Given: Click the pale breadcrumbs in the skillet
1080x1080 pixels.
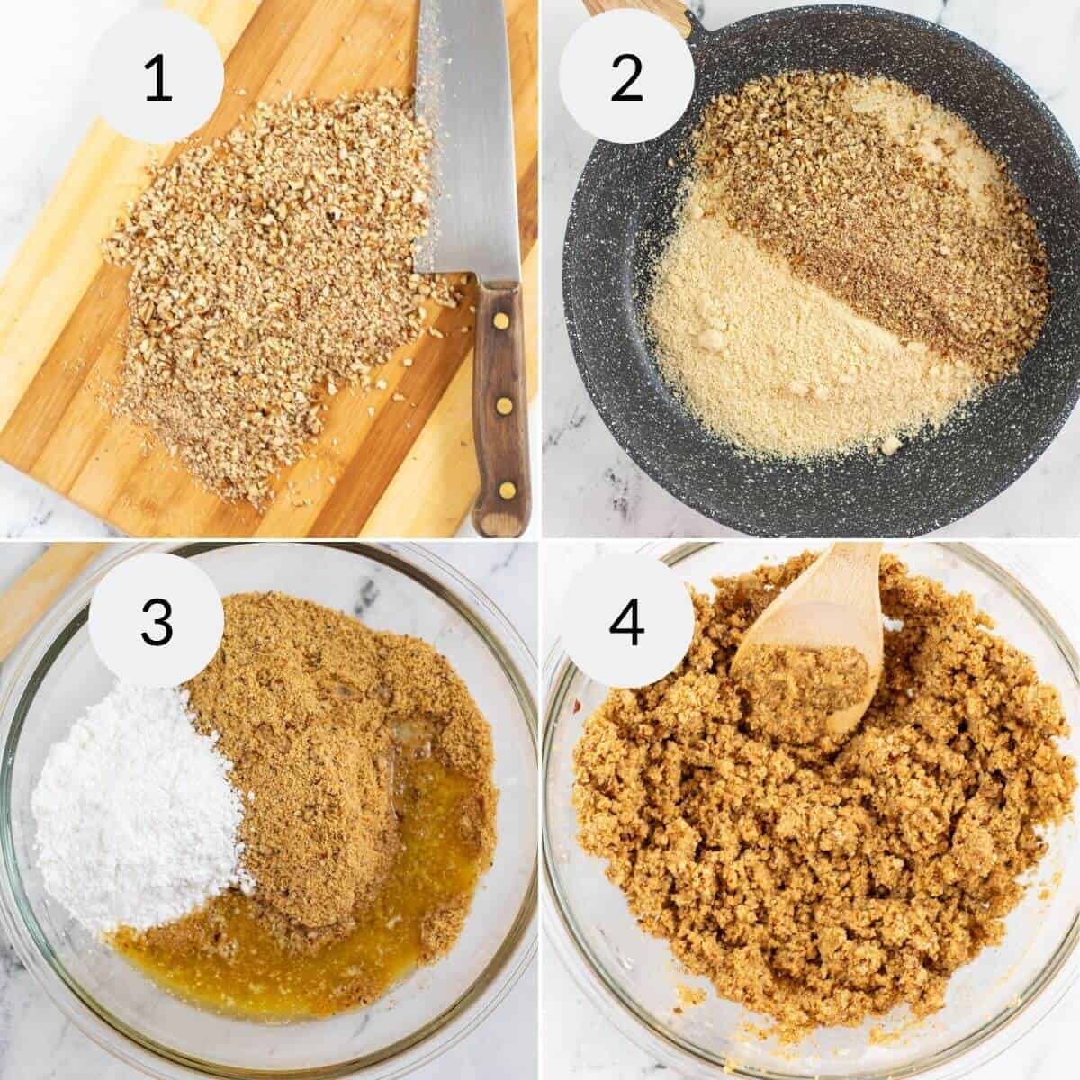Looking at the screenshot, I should [774, 360].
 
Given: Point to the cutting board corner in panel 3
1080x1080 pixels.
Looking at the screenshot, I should [36, 585].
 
